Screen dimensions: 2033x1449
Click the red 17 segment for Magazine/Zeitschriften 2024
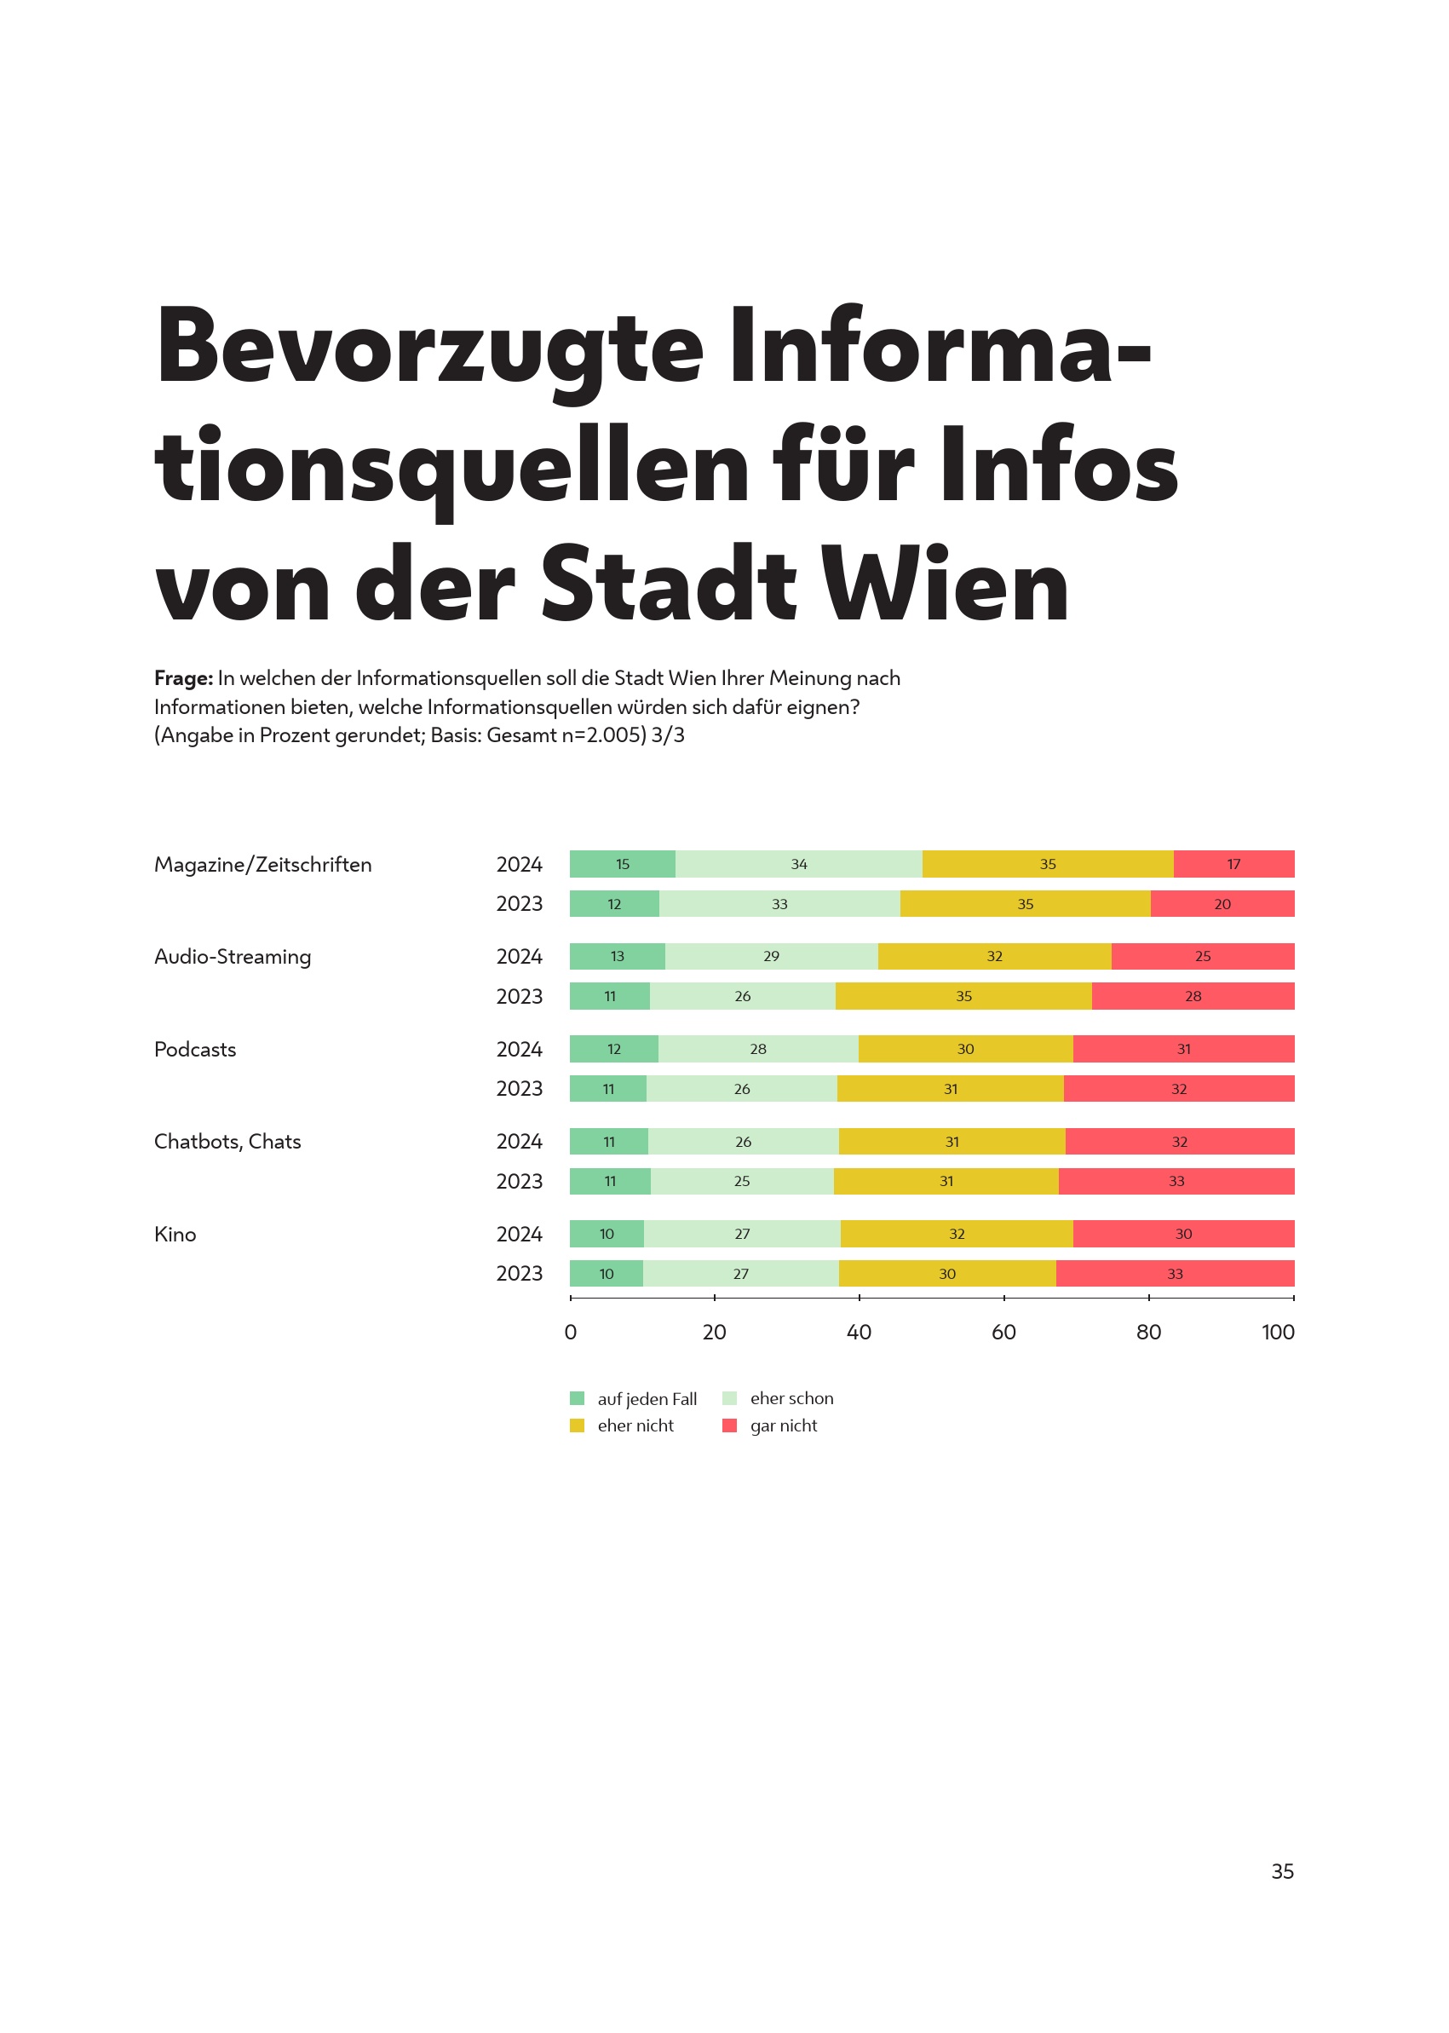coord(1233,864)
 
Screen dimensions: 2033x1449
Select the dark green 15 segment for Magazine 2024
coord(622,864)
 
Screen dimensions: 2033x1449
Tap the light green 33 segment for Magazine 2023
coord(779,904)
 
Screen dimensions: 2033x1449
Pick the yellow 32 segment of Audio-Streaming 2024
coord(994,956)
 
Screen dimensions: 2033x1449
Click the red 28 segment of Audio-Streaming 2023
coord(1192,996)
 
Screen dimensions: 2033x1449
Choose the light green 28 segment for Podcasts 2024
coord(757,1049)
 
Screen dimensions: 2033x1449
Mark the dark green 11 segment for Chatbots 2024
coord(608,1142)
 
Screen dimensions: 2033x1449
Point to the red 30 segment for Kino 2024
coord(1183,1234)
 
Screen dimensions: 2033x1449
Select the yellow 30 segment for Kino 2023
coord(946,1274)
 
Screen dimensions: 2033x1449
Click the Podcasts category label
coord(194,1050)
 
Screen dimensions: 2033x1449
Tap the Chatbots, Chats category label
coord(227,1142)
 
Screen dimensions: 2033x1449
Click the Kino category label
coord(175,1235)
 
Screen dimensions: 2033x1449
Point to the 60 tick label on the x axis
coord(1003,1333)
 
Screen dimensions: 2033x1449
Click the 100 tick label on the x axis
coord(1278,1333)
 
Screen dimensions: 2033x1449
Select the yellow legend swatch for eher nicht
coord(578,1425)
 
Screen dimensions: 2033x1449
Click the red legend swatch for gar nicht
coord(730,1425)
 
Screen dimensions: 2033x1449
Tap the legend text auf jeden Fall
coord(647,1398)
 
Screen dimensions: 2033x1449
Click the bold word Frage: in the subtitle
coord(184,678)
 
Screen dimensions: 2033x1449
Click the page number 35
coord(1282,1871)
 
